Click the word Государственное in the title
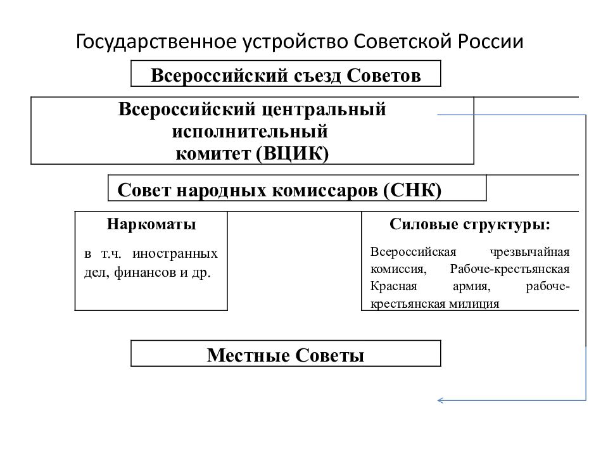[156, 42]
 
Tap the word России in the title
[490, 42]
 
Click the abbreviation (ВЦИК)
[293, 153]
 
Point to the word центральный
[324, 110]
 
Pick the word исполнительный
[250, 132]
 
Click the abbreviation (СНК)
[412, 191]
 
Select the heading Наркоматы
[151, 224]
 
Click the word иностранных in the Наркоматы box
[175, 253]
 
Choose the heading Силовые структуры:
[470, 224]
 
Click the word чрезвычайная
[529, 252]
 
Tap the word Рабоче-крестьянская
[509, 269]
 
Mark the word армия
[471, 286]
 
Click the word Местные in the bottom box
[248, 355]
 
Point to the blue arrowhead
[440, 400]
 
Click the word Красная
[393, 286]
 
